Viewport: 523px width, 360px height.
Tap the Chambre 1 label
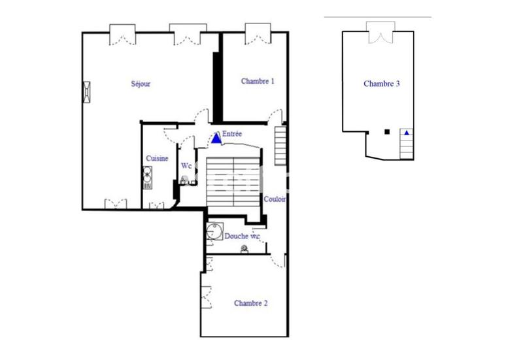pos(258,82)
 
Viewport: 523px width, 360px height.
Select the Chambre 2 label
pos(251,303)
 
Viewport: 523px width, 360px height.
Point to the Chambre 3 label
pos(381,84)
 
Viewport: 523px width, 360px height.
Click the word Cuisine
pos(158,158)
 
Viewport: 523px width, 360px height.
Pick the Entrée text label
pos(232,134)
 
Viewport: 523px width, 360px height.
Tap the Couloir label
pos(274,199)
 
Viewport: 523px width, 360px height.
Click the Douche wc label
pos(242,236)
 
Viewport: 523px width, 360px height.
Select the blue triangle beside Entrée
pos(216,139)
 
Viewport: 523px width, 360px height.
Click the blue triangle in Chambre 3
pos(407,133)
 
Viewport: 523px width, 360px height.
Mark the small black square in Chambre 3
pos(388,132)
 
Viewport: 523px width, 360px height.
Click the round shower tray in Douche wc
pos(212,231)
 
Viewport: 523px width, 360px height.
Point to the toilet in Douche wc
pos(245,249)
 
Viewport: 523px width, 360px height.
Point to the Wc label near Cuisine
pos(186,165)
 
